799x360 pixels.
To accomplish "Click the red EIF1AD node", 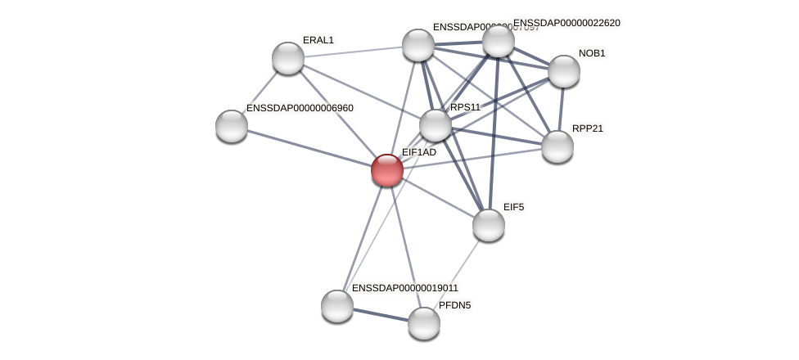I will click(386, 170).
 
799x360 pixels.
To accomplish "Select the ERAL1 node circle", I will click(288, 58).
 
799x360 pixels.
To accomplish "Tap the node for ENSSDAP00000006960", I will click(232, 126).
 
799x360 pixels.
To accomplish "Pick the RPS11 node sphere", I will click(436, 125).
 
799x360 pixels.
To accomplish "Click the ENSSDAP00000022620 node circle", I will click(499, 41).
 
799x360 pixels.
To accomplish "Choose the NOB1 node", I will click(564, 71).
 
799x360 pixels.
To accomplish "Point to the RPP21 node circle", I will click(557, 146).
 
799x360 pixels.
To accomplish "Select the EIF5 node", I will click(489, 225).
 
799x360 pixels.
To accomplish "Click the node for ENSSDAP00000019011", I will click(337, 306).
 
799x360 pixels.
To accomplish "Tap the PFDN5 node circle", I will click(424, 323).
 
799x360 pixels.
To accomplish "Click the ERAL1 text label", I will click(318, 40).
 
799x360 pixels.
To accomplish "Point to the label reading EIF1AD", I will click(419, 152).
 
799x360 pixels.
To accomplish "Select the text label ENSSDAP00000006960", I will click(300, 108).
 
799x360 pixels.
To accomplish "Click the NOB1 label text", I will click(592, 53).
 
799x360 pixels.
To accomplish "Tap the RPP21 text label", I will click(588, 128).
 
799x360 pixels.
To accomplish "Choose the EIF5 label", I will click(513, 207).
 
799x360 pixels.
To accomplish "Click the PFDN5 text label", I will click(454, 305).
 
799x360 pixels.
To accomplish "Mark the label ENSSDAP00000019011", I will click(405, 288).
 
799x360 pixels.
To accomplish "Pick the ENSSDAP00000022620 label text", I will click(567, 23).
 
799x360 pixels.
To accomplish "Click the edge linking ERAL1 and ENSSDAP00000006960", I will click(261, 91).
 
